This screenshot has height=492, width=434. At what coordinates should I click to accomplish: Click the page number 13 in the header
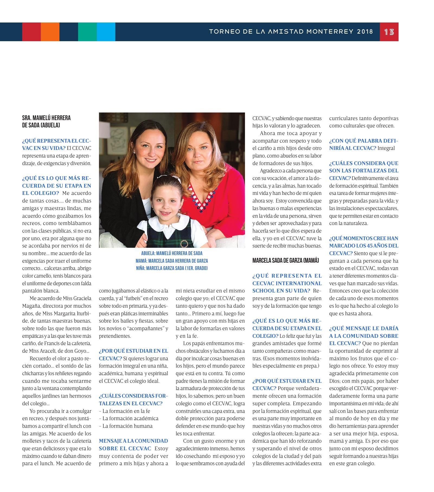[389, 32]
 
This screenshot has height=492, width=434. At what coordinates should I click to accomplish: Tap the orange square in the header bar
[50, 32]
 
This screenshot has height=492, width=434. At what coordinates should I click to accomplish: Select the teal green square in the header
[87, 32]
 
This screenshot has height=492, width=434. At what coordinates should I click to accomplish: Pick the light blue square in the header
[106, 32]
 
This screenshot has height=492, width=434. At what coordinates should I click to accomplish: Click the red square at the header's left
[31, 32]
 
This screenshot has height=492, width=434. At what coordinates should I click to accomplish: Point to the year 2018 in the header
[365, 32]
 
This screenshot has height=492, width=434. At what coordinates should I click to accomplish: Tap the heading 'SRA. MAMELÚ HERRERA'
[46, 118]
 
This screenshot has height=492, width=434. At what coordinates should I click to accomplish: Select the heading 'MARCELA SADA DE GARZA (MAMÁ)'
[286, 261]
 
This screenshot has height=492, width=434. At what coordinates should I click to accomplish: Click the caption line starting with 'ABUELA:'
[172, 253]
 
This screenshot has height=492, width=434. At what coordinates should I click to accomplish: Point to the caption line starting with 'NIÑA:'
[172, 268]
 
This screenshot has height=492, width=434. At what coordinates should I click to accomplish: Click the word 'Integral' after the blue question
[386, 148]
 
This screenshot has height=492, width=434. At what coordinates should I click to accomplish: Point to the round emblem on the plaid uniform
[185, 243]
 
